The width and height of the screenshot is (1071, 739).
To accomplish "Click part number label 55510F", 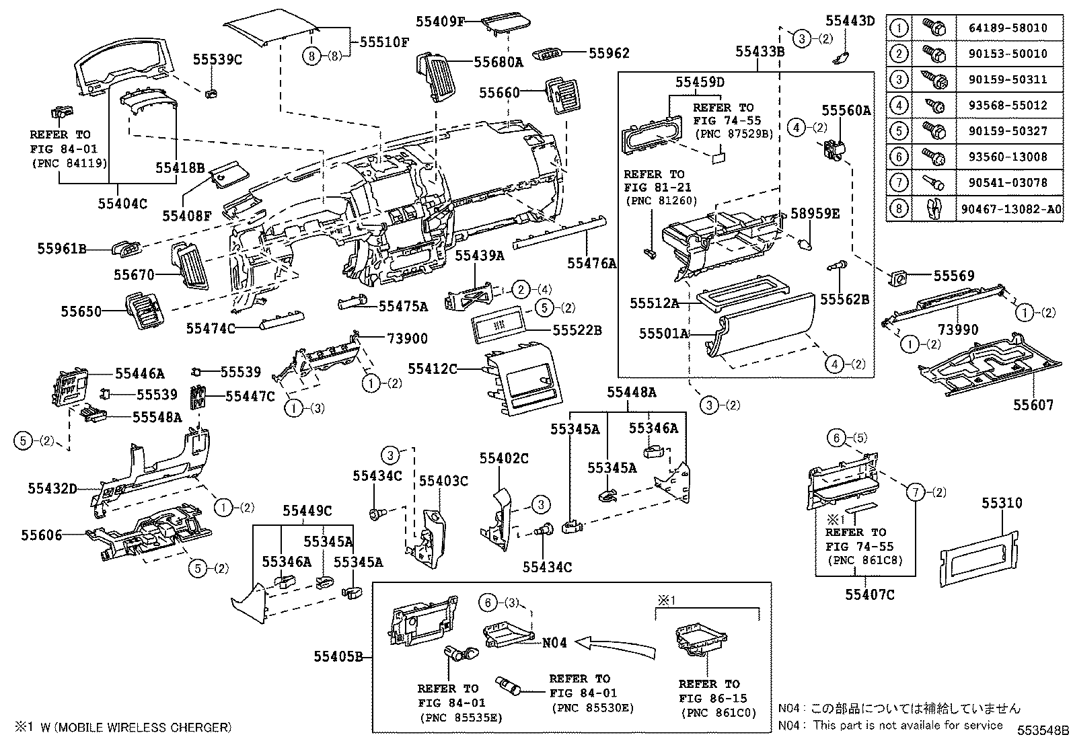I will pos(384,42).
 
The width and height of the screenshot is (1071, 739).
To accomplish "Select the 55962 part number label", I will pos(609,52).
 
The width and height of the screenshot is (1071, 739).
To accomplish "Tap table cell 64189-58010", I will pos(1008,28).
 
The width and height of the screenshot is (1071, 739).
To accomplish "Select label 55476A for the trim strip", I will pos(591,264).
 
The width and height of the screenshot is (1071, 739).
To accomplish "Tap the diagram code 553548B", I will pos(1042,730).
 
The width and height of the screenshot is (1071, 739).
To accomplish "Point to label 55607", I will pos(1034,405).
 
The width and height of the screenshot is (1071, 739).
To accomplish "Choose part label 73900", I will pos(407,338).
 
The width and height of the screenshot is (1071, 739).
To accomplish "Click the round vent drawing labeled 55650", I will pos(145,311).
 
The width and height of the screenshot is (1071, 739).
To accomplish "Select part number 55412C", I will pos(433,368).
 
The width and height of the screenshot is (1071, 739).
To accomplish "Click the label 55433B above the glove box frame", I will pos(760,51).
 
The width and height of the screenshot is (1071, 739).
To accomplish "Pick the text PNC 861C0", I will pos(717,713).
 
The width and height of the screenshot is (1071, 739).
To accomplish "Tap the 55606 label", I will pos(41,535).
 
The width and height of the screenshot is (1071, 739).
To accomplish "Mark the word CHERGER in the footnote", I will pos(201,727).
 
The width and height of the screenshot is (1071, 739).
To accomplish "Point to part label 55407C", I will pos(870,594).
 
